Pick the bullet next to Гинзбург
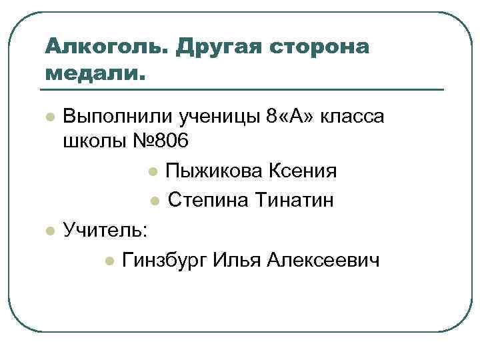tap(109, 259)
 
